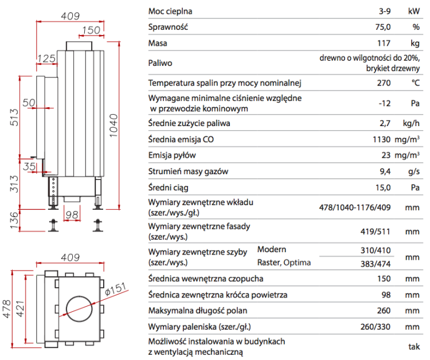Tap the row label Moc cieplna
[170, 11]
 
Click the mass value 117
[383, 43]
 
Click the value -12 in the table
[384, 103]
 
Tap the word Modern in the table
[272, 249]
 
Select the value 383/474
[376, 263]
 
